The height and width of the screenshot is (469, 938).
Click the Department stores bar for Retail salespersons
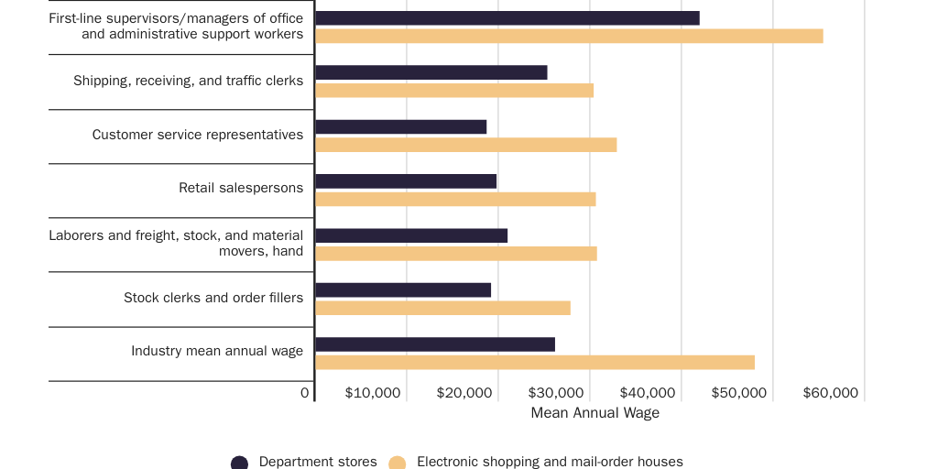point(406,181)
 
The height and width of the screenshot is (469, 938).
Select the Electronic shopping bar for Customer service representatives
point(465,145)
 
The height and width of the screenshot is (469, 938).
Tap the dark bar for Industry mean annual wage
point(435,344)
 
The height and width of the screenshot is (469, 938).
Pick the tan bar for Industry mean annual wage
point(535,363)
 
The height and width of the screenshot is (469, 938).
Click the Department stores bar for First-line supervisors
point(507,18)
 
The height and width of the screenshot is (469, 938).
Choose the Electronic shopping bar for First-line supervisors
point(569,36)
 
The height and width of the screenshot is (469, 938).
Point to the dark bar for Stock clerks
point(403,290)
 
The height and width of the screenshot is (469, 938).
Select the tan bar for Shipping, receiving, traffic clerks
point(454,91)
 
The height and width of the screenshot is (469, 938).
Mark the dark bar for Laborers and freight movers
point(411,235)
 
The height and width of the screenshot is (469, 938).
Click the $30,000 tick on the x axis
point(555,393)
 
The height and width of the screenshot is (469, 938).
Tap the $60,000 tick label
point(830,393)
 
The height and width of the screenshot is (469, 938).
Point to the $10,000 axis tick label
point(373,393)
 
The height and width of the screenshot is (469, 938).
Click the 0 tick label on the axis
point(305,393)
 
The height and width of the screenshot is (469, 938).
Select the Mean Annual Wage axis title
point(594,413)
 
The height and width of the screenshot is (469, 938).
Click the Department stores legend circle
point(240,463)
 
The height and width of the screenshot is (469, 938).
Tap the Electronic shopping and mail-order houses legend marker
point(398,463)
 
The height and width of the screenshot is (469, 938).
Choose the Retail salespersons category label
point(241,189)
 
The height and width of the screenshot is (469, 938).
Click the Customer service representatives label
point(198,135)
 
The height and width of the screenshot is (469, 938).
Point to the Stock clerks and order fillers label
point(213,298)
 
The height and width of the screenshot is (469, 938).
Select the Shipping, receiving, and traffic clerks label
point(188,81)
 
